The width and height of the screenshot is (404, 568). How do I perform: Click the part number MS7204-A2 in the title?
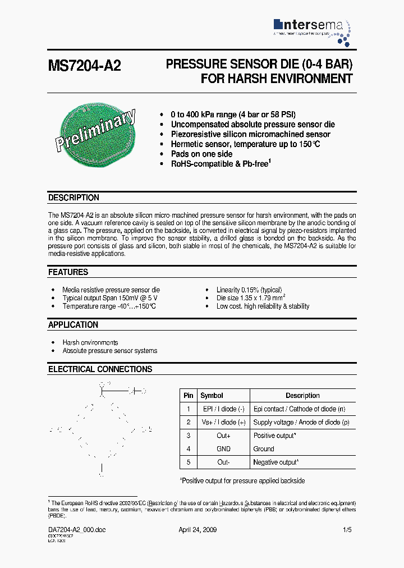click(x=84, y=66)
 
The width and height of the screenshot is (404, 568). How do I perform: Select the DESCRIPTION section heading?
click(x=74, y=198)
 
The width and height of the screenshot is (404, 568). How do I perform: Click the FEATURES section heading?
click(x=68, y=272)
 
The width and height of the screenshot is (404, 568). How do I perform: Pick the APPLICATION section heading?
click(x=73, y=325)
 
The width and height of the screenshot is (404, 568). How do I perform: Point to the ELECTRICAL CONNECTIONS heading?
click(x=100, y=369)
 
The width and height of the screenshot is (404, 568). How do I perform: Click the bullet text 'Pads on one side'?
click(x=201, y=154)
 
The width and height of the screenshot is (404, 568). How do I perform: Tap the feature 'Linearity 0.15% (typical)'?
click(x=249, y=290)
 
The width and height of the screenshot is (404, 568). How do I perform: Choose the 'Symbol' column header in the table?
click(x=212, y=396)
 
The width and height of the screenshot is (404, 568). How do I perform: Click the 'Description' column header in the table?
click(x=302, y=396)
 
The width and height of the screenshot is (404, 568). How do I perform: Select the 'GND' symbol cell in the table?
click(x=223, y=449)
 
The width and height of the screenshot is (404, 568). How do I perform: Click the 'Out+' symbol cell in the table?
click(x=223, y=436)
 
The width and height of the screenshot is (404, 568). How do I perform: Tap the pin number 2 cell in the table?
click(x=189, y=422)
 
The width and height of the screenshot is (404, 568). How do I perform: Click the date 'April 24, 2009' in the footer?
click(x=198, y=530)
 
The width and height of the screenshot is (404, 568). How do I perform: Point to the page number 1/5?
click(x=348, y=530)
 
